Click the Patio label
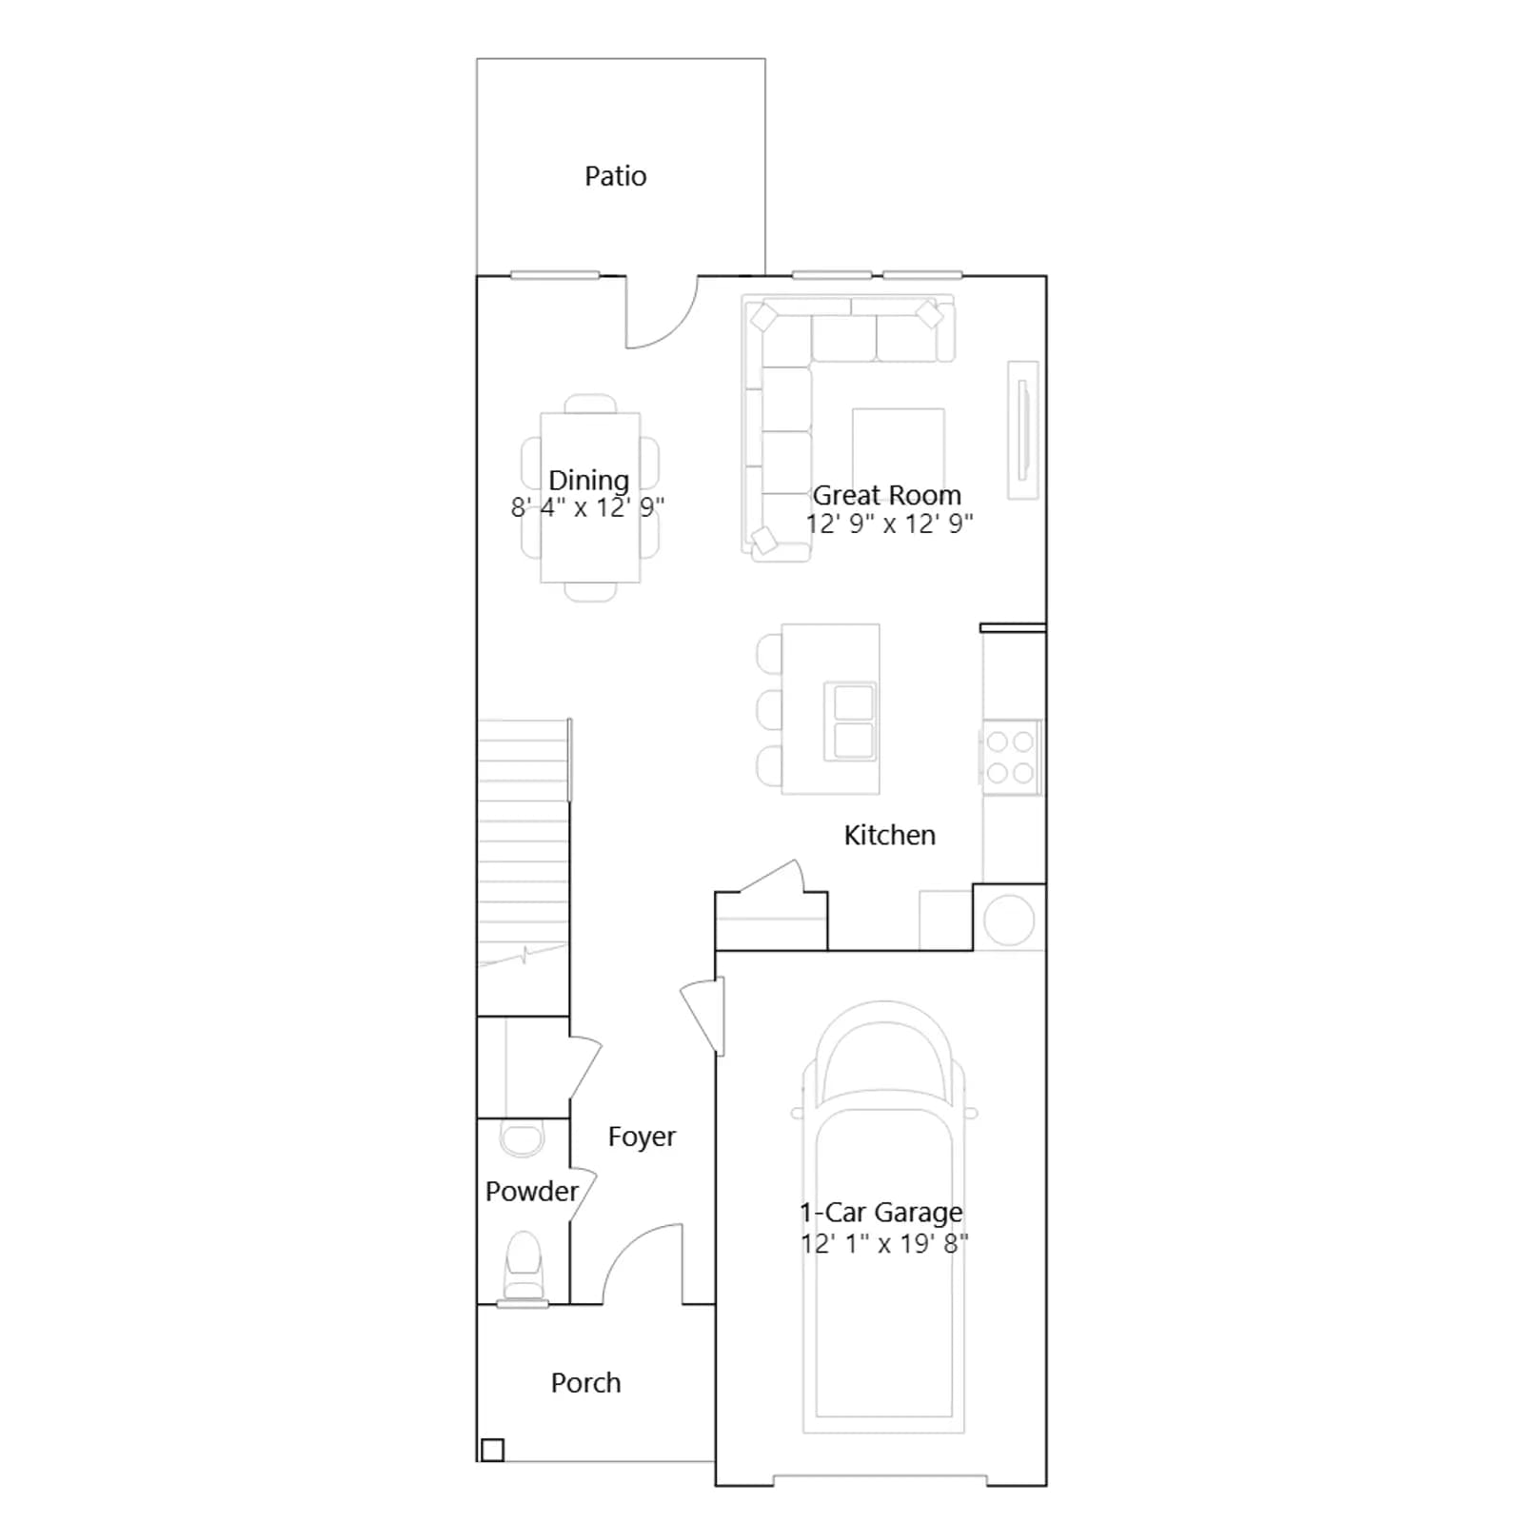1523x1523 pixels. (615, 176)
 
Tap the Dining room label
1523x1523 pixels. (588, 480)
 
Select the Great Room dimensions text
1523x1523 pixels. (889, 524)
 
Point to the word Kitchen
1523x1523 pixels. (889, 835)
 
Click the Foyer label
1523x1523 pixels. (642, 1137)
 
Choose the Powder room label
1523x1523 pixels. (531, 1191)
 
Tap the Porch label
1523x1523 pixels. (585, 1382)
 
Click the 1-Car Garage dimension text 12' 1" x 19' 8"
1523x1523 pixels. (884, 1243)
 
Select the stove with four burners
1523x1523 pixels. (1011, 758)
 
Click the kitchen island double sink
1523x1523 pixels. (852, 721)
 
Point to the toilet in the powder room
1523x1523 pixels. (523, 1267)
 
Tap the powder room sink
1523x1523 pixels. (522, 1139)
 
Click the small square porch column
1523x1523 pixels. (492, 1450)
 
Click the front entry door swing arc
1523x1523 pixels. (628, 1242)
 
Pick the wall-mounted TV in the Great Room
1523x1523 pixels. (1023, 429)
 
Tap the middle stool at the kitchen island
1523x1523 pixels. (769, 709)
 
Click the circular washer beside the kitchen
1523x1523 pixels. (1009, 920)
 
